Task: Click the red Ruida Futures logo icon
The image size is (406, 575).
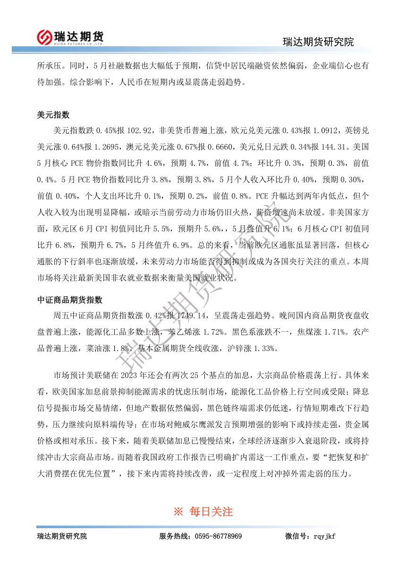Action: point(45,37)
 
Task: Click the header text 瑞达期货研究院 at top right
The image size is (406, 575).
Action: point(318,42)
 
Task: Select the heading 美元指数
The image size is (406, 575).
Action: point(53,115)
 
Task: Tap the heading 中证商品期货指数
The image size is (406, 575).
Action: point(70,300)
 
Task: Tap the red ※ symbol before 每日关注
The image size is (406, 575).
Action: point(178,511)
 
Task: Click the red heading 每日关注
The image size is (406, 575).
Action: point(211,511)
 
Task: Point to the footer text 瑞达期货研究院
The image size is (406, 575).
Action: point(62,536)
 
